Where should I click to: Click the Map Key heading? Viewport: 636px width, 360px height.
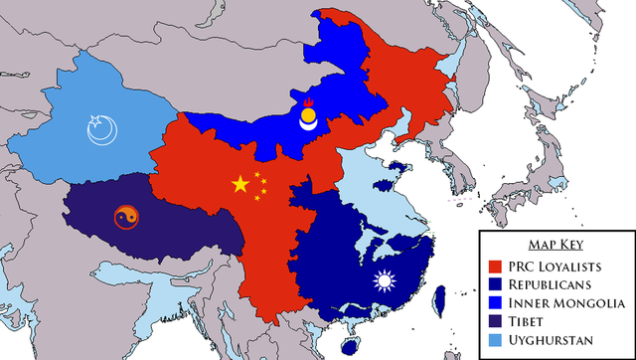tap(555, 245)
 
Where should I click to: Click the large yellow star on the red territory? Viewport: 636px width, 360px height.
tap(239, 184)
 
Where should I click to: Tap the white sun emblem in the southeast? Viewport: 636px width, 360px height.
tap(384, 281)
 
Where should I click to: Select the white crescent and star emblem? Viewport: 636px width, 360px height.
tap(100, 130)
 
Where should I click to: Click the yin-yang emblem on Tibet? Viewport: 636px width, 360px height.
tap(124, 216)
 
